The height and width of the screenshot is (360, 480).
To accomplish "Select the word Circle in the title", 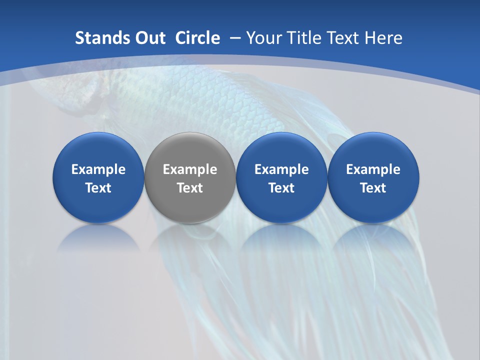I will point(197,38).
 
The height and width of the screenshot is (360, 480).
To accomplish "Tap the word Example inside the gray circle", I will point(190,169).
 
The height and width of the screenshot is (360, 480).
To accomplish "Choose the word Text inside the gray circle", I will point(190,188).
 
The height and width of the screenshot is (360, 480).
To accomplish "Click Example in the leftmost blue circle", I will point(98,169).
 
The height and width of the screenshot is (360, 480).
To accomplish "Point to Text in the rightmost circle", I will point(373,188).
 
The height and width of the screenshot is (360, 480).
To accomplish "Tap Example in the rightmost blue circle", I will point(373,169).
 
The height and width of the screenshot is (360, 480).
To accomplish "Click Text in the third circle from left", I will point(281,188).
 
